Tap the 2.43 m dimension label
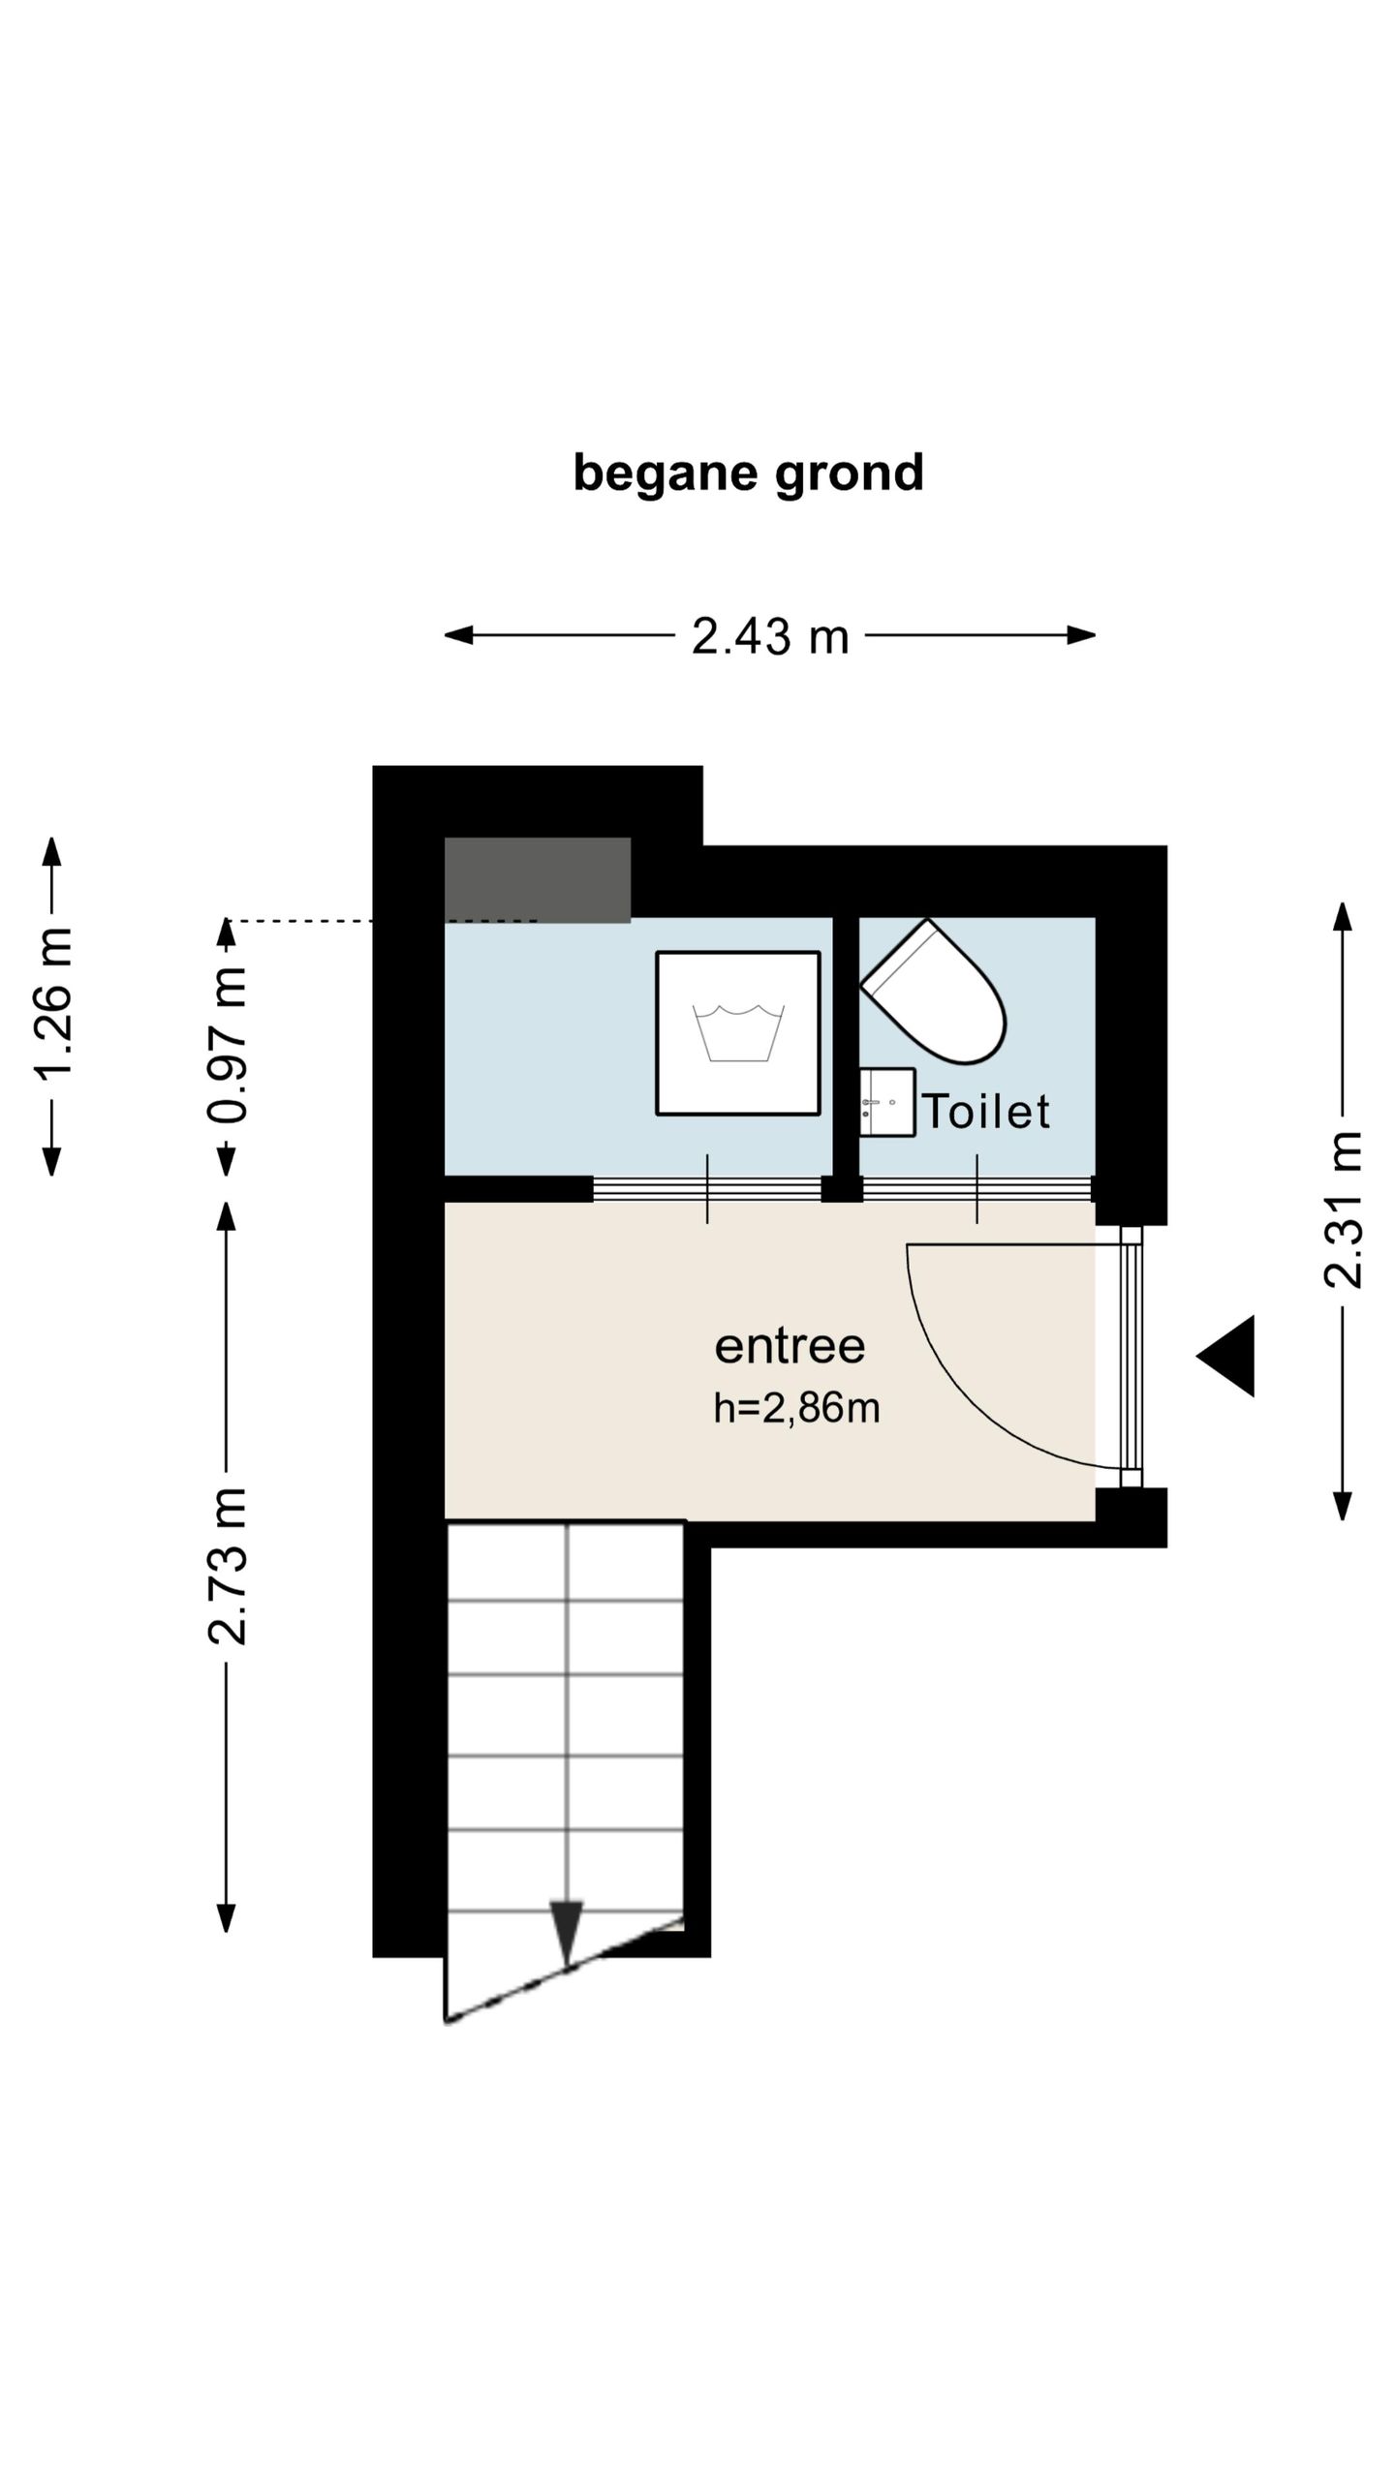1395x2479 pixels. (770, 637)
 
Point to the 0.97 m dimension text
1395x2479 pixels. (227, 1044)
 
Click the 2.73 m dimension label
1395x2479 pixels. (227, 1565)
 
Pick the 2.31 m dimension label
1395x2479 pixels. (1343, 1209)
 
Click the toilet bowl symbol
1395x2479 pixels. (934, 990)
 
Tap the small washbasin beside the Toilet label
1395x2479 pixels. (886, 1102)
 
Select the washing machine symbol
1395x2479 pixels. (738, 1033)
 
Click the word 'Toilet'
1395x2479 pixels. (986, 1111)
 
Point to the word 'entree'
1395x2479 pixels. (790, 1347)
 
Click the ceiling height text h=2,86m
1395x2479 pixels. (796, 1408)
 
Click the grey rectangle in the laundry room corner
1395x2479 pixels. (538, 880)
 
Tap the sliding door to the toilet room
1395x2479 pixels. (976, 1188)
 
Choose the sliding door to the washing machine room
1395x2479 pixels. (707, 1188)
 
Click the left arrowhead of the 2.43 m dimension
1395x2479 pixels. (458, 635)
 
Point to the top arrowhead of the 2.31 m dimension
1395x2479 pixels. (1343, 916)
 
